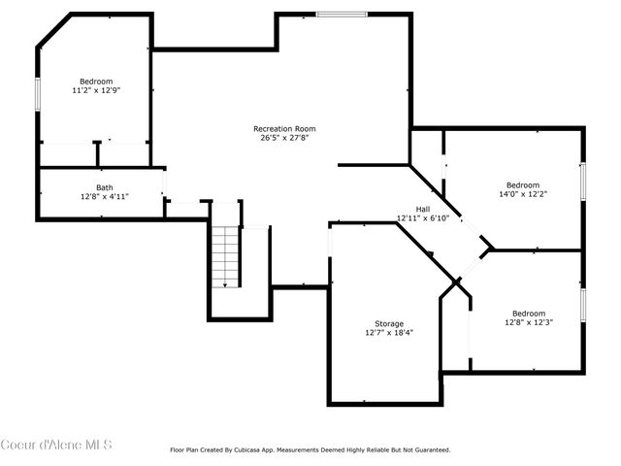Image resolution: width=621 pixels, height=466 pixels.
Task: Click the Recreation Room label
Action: [x=284, y=128]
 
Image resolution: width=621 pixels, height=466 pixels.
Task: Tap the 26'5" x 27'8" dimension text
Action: [x=284, y=138]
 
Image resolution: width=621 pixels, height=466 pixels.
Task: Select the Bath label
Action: [x=104, y=187]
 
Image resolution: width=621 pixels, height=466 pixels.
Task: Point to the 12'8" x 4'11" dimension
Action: [x=104, y=196]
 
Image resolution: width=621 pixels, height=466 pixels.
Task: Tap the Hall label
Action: [x=422, y=209]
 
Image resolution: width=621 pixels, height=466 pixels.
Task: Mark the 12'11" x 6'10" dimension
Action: [x=422, y=217]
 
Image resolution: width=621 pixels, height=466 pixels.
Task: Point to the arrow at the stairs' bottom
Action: [x=225, y=283]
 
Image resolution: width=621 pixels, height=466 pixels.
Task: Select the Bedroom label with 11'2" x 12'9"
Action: [x=96, y=81]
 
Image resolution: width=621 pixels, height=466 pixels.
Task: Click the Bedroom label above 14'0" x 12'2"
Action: [x=522, y=184]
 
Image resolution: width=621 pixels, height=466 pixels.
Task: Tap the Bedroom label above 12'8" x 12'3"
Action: [x=528, y=313]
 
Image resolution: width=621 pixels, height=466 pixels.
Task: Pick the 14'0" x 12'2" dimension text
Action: [x=522, y=194]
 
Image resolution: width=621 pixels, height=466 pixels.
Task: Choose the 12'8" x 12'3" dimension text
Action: [x=528, y=322]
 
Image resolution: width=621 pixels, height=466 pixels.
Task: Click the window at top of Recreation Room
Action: [x=342, y=14]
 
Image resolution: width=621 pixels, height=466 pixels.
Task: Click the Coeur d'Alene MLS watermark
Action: [x=56, y=445]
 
